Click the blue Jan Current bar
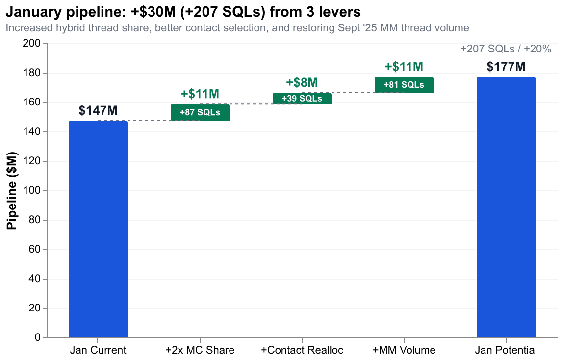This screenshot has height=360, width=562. coord(98,229)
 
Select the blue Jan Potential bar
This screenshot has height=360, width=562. coord(506,207)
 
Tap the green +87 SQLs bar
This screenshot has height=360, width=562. coord(200,112)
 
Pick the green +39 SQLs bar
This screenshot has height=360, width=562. coord(302,98)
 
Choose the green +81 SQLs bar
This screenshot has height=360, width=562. coord(404,84)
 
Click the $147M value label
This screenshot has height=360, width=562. coord(98,111)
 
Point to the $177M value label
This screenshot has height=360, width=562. coord(506,67)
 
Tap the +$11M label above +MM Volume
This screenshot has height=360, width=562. coord(404,67)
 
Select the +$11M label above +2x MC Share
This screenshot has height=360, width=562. coord(200,94)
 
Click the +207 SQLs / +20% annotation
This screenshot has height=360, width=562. coord(506,49)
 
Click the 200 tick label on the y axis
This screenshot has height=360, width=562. coord(33,44)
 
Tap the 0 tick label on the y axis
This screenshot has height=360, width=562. coord(38,338)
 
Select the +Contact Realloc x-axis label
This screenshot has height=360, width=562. coord(302,350)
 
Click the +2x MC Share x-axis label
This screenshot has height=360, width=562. coord(200,350)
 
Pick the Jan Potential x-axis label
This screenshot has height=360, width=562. coord(506,350)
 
